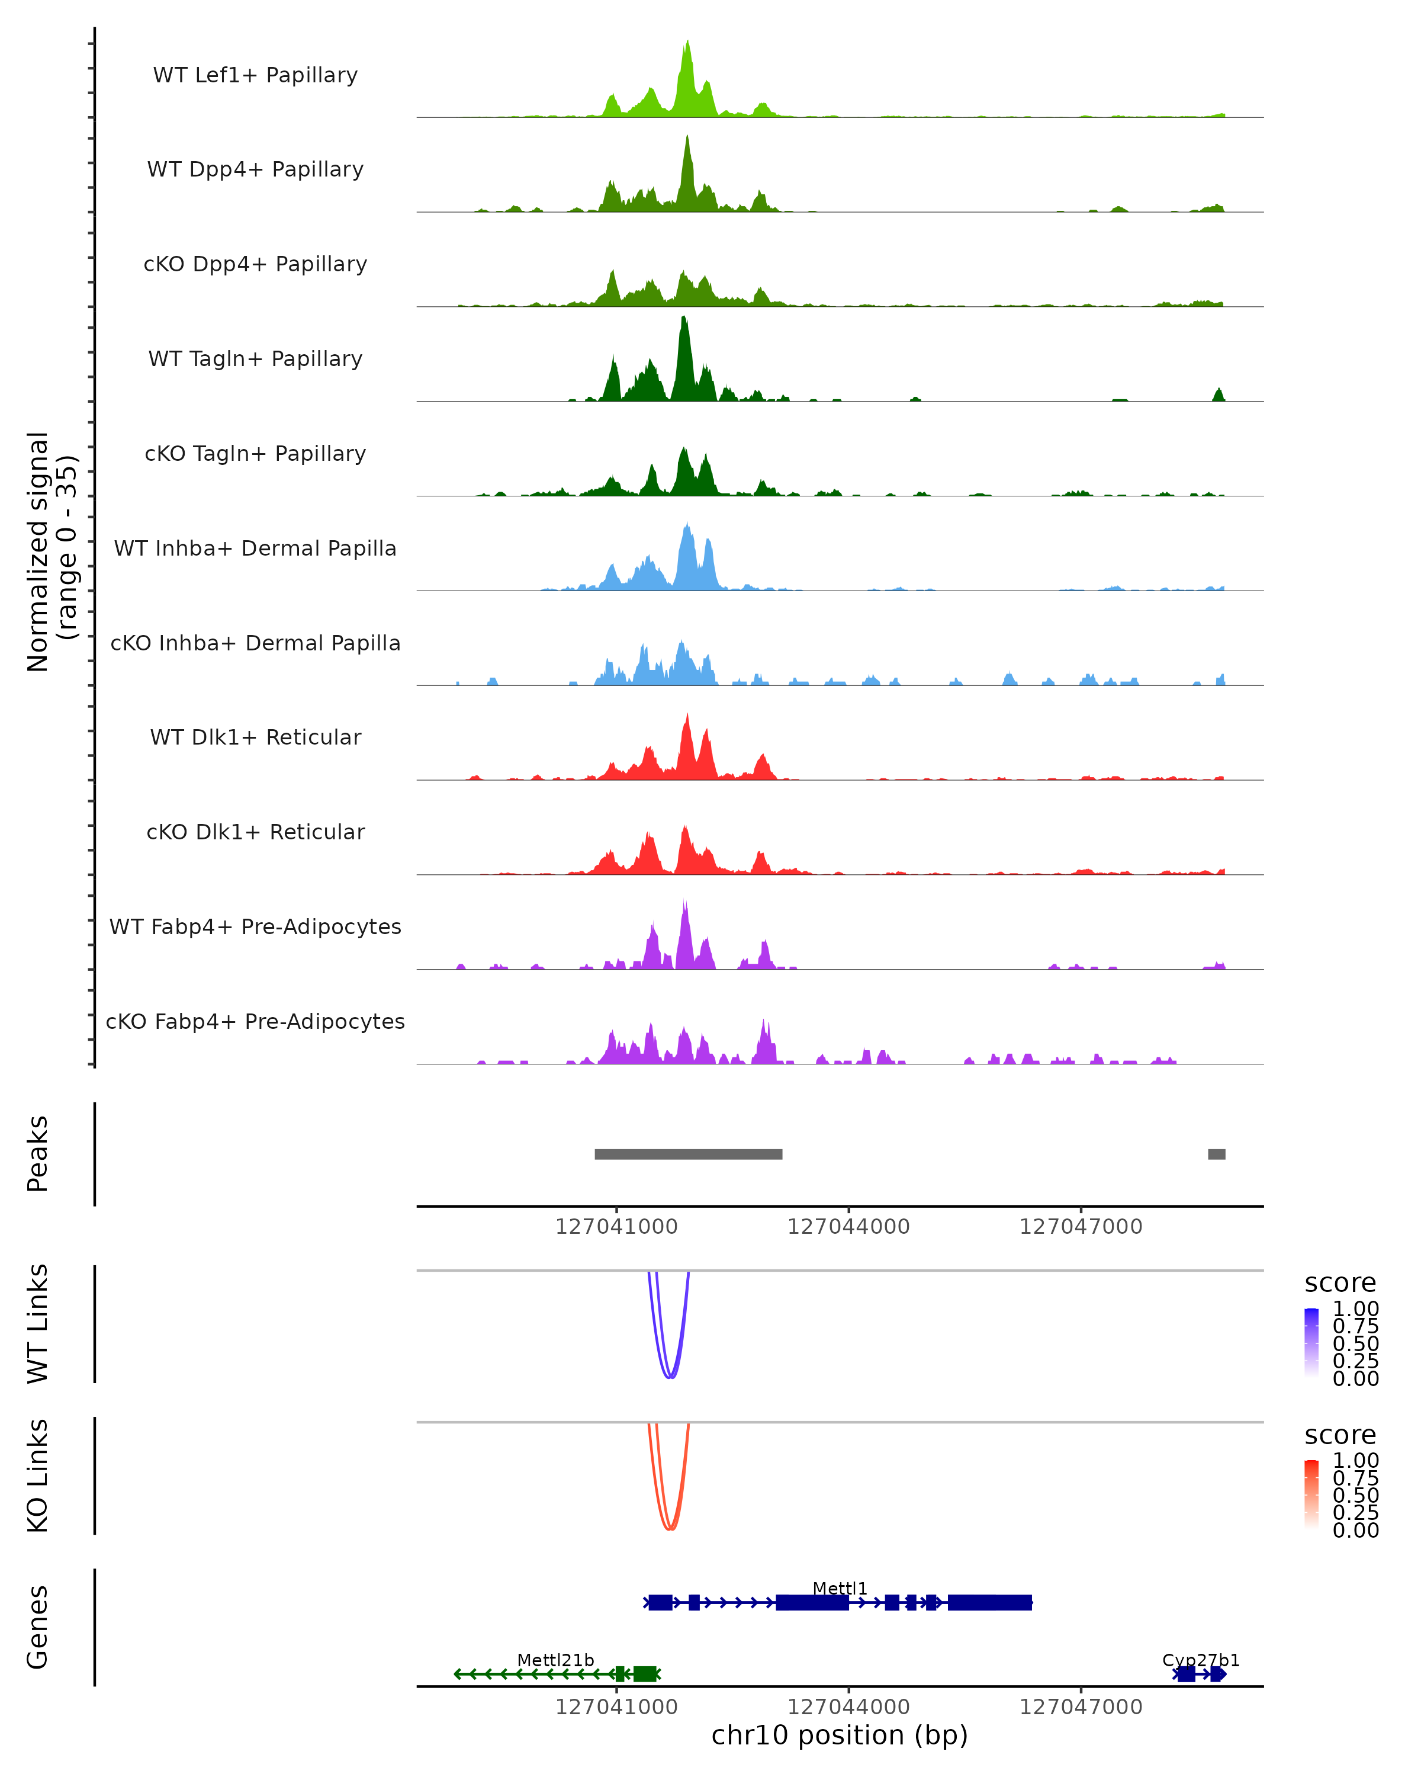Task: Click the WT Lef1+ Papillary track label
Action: point(255,75)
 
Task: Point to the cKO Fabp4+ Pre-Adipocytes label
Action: point(255,1021)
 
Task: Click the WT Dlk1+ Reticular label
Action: point(255,737)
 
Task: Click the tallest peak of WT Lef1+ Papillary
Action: point(688,43)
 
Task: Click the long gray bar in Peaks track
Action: point(688,1154)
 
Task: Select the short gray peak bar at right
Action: point(1216,1154)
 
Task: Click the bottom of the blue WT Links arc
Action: point(671,1377)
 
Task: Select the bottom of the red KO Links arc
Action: point(671,1529)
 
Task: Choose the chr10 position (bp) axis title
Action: point(840,1735)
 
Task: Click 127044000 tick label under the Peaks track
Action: point(848,1227)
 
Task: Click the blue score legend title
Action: point(1340,1284)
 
